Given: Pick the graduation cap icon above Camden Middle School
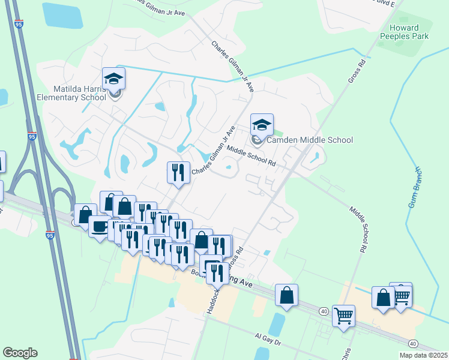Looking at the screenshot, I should pyautogui.click(x=261, y=125).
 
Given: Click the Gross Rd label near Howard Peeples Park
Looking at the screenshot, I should pyautogui.click(x=356, y=71).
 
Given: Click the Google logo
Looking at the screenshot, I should pyautogui.click(x=20, y=353).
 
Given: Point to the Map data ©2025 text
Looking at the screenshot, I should pyautogui.click(x=423, y=355).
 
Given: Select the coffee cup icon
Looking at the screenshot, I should pyautogui.click(x=99, y=227).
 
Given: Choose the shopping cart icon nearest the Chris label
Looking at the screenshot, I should pyautogui.click(x=343, y=316).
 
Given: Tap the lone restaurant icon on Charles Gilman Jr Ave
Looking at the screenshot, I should pyautogui.click(x=178, y=173).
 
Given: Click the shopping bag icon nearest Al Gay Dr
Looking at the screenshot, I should pyautogui.click(x=287, y=295).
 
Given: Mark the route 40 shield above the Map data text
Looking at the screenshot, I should pyautogui.click(x=413, y=343).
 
